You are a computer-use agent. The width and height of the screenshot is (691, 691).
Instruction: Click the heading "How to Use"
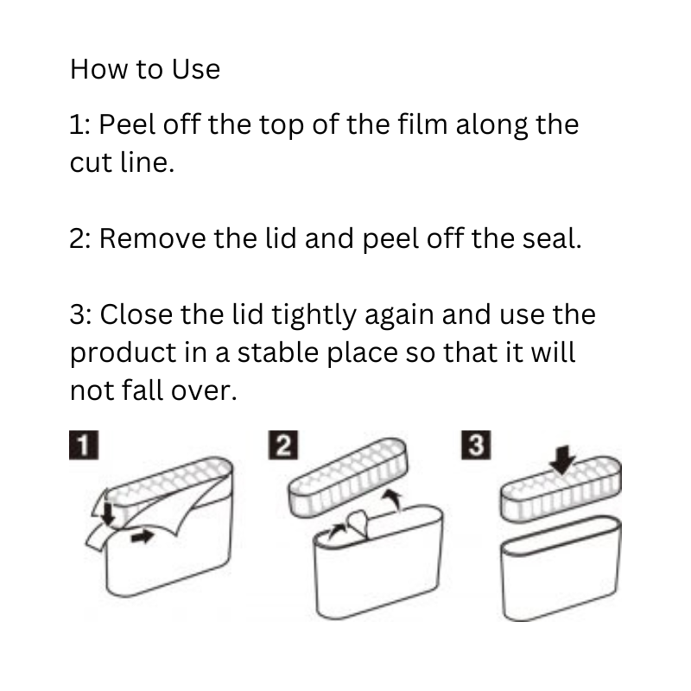145,69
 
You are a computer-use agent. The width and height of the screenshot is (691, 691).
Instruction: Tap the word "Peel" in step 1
127,124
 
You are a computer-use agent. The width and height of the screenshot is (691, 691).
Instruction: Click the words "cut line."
122,162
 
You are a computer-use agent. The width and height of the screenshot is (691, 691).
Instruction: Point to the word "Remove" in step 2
152,238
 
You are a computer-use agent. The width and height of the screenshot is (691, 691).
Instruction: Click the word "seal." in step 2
552,238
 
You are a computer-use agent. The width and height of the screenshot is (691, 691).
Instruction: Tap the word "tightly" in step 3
314,314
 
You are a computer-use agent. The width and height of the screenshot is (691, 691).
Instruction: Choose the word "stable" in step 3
278,352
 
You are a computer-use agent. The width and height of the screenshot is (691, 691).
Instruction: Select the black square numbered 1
84,445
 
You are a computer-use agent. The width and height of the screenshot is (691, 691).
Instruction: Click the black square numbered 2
283,445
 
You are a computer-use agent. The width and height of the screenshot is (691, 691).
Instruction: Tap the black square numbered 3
476,445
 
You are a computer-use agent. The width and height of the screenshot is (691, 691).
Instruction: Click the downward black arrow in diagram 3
562,460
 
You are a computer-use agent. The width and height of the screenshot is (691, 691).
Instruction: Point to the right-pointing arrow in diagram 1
143,536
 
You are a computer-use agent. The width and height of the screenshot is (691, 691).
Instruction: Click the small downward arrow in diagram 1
108,514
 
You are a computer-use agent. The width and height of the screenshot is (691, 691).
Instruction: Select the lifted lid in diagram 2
348,478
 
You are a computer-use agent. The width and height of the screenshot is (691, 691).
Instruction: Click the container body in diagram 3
561,568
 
